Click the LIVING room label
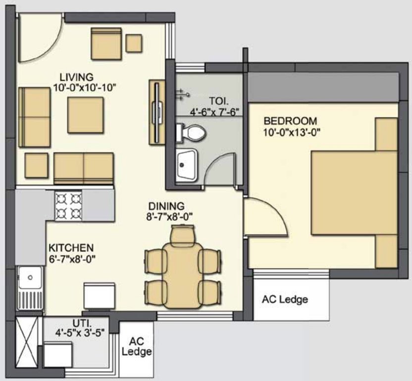coord(76,77)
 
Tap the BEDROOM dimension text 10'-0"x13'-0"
coord(290,131)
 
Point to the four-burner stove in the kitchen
coord(68,206)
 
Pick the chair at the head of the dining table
coord(183,235)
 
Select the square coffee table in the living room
coord(85,115)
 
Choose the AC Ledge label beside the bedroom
coord(285,300)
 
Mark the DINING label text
coord(166,206)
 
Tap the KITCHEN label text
coord(71,248)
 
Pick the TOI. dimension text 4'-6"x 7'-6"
coord(216,112)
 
